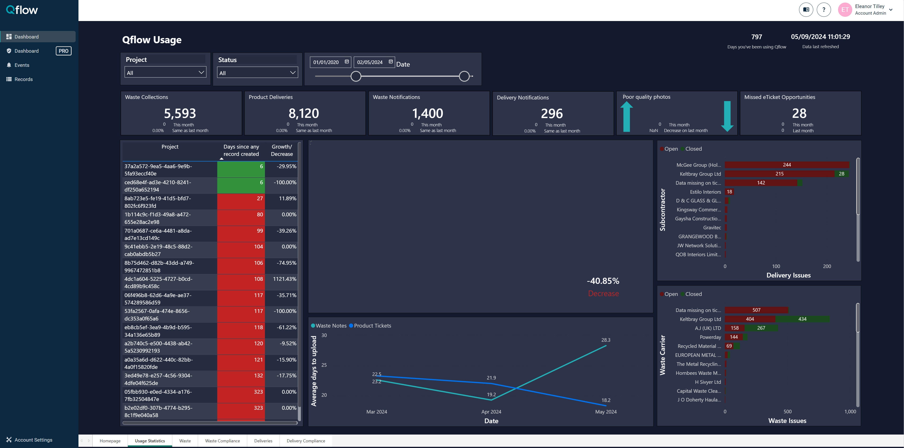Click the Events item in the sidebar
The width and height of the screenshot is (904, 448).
[22, 65]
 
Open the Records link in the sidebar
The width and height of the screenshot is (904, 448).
[23, 79]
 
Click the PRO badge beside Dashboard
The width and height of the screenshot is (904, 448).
[64, 51]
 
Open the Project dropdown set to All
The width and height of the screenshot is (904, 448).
[165, 73]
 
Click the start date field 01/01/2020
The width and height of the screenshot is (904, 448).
[326, 62]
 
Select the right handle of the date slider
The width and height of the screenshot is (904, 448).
[464, 76]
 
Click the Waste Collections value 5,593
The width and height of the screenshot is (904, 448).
[180, 113]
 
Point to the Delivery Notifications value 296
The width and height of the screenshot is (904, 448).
[552, 114]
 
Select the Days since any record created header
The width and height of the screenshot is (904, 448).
[241, 150]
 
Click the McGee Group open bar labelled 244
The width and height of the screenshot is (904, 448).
[787, 165]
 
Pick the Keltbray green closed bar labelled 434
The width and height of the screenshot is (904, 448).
[802, 319]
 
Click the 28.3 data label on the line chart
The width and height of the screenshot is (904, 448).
[606, 340]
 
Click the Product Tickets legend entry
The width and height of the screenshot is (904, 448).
[372, 326]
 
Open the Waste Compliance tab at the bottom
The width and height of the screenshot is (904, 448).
[222, 441]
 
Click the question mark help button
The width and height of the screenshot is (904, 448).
[824, 10]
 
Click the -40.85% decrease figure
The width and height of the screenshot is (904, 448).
[603, 281]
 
